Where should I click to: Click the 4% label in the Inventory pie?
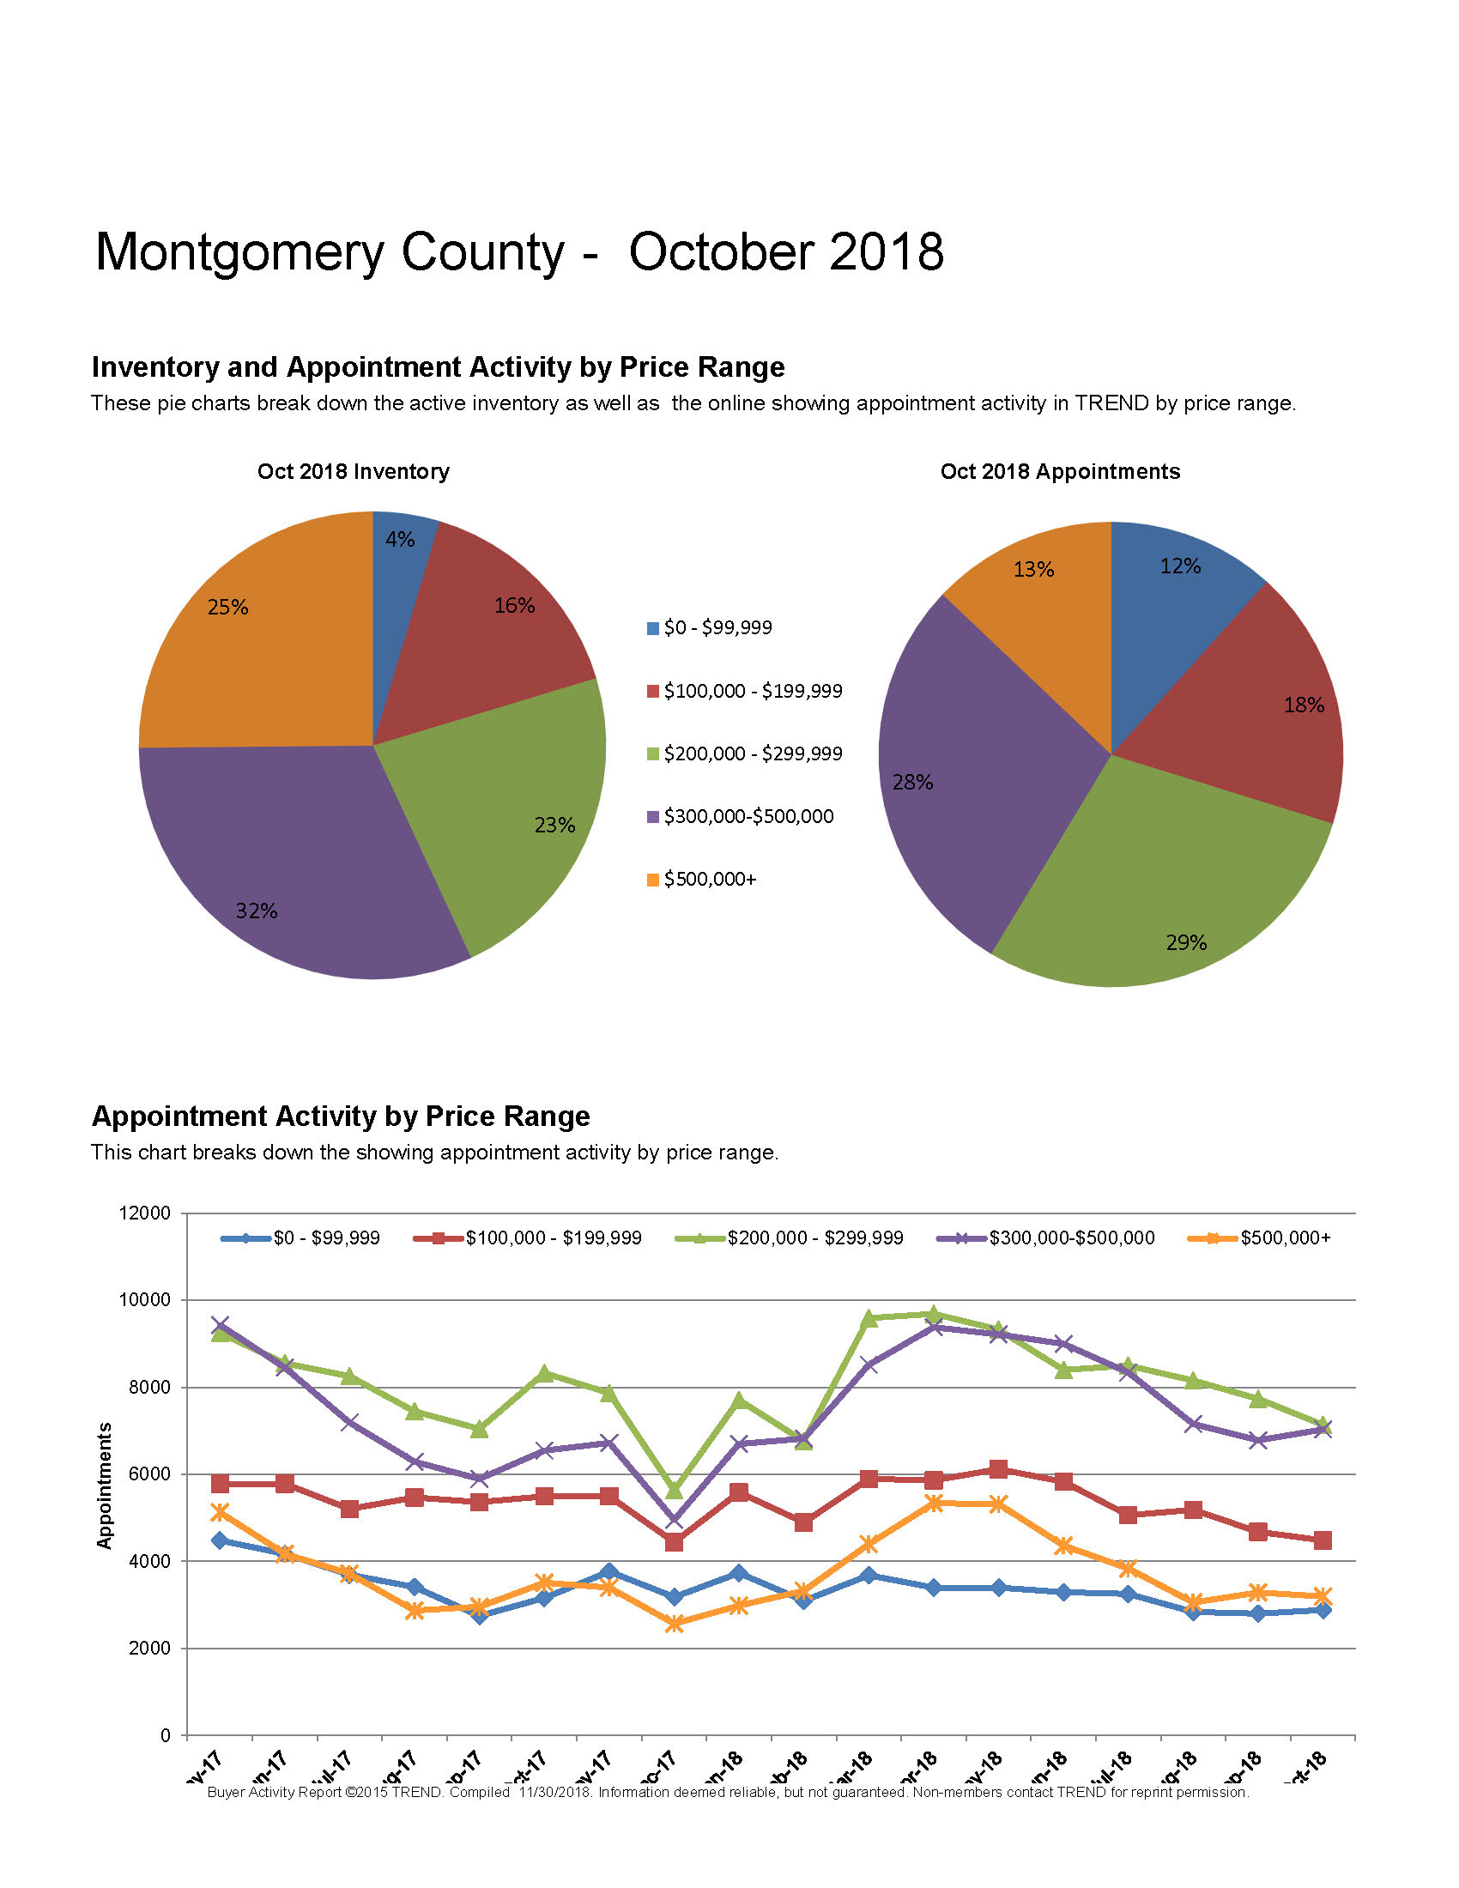pyautogui.click(x=399, y=540)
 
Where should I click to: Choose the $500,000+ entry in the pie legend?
pyautogui.click(x=709, y=879)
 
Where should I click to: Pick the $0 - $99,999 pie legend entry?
pyautogui.click(x=717, y=627)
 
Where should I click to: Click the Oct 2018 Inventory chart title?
pyautogui.click(x=353, y=471)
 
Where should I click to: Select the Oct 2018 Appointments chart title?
pyautogui.click(x=1060, y=471)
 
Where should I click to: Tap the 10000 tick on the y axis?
pyautogui.click(x=144, y=1300)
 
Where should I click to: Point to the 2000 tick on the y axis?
pyautogui.click(x=148, y=1649)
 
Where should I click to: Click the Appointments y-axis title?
pyautogui.click(x=105, y=1486)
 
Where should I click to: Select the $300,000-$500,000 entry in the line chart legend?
pyautogui.click(x=1071, y=1237)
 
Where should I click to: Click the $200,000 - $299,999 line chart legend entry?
pyautogui.click(x=814, y=1237)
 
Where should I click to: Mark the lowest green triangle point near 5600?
pyautogui.click(x=675, y=1491)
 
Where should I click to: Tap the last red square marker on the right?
pyautogui.click(x=1322, y=1540)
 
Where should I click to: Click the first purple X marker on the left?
pyautogui.click(x=220, y=1325)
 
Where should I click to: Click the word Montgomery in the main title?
pyautogui.click(x=239, y=252)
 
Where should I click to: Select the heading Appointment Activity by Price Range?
pyautogui.click(x=341, y=1116)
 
